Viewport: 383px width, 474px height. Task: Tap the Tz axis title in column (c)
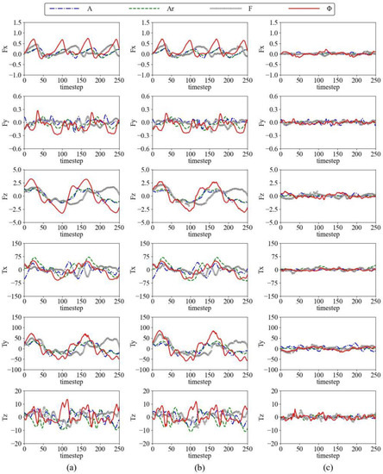click(x=261, y=417)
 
